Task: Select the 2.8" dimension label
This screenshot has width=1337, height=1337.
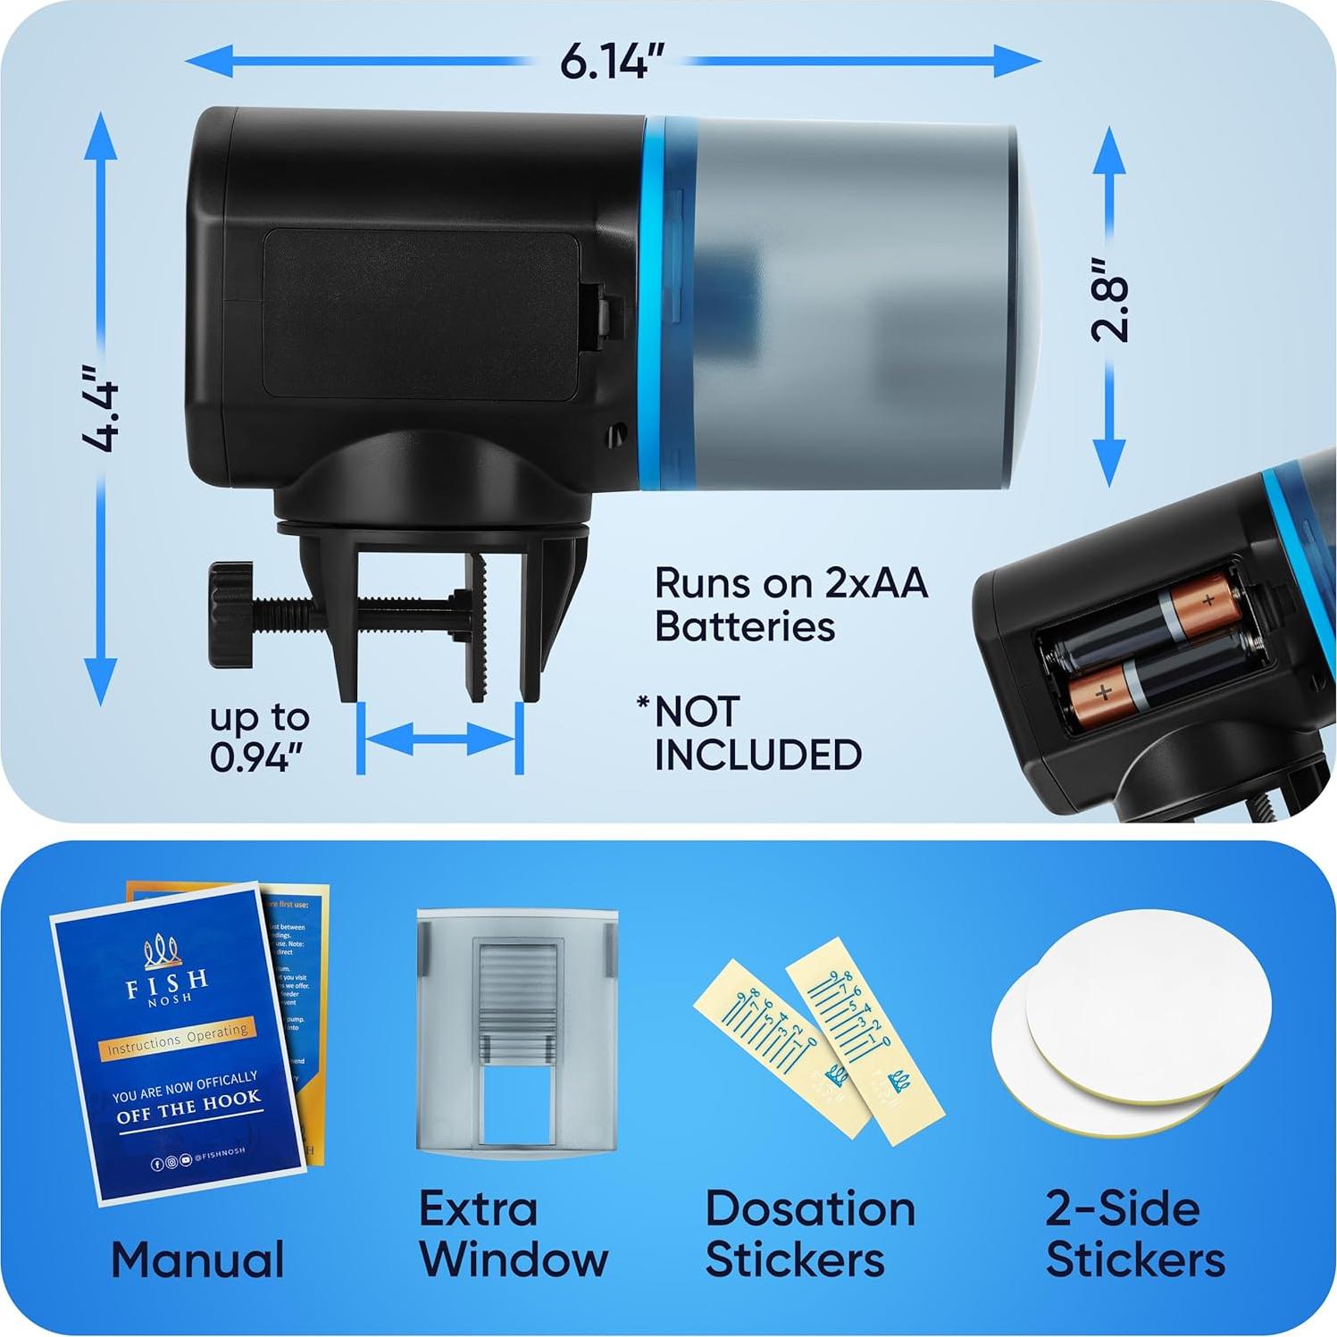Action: (1110, 300)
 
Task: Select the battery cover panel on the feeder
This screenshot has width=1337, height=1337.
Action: (422, 313)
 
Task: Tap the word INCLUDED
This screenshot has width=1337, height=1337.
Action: (757, 755)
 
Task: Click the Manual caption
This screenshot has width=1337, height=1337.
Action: (197, 1259)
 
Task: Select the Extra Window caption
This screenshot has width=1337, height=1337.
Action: (514, 1233)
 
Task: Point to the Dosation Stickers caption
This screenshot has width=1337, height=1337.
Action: (809, 1233)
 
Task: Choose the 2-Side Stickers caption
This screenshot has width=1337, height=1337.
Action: (1134, 1233)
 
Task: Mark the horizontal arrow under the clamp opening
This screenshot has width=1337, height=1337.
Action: (439, 739)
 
